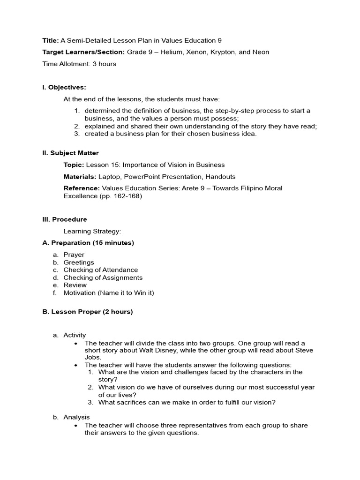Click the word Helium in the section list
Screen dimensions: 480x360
(171, 52)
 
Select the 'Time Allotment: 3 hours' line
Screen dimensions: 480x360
(79, 64)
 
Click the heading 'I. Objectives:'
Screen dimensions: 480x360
(64, 87)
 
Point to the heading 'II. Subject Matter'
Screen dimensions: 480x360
(70, 153)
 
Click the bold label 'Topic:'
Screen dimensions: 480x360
(74, 165)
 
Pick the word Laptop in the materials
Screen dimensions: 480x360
(109, 177)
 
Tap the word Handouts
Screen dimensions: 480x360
(220, 177)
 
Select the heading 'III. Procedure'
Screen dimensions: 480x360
(65, 219)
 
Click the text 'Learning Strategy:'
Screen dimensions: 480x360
(92, 231)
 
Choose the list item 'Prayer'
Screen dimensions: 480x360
(74, 255)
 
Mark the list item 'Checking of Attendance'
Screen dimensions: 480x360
(101, 270)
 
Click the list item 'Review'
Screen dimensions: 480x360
(75, 285)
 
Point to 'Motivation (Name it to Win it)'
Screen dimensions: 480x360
(109, 292)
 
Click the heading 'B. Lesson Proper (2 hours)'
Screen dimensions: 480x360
(88, 312)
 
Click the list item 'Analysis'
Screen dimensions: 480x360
(76, 417)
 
